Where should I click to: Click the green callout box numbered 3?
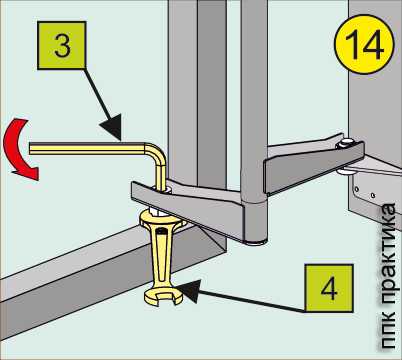pyautogui.click(x=62, y=45)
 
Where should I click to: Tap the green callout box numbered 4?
pyautogui.click(x=329, y=288)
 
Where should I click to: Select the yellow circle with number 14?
pyautogui.click(x=364, y=45)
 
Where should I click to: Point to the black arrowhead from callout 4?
pyautogui.click(x=189, y=291)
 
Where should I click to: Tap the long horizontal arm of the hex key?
pyautogui.click(x=87, y=148)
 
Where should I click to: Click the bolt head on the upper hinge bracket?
pyautogui.click(x=347, y=143)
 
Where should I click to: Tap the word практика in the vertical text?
pyautogui.click(x=387, y=254)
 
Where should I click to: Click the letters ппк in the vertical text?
pyautogui.click(x=389, y=330)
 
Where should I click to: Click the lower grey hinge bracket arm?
pyautogui.click(x=188, y=208)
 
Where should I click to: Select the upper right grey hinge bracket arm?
pyautogui.click(x=313, y=167)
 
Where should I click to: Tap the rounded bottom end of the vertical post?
pyautogui.click(x=255, y=238)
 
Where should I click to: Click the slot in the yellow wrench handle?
pyautogui.click(x=161, y=253)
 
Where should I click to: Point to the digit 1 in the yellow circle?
pyautogui.click(x=353, y=45)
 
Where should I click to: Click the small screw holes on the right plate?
pyautogui.click(x=365, y=192)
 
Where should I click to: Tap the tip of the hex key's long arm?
pyautogui.click(x=31, y=148)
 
